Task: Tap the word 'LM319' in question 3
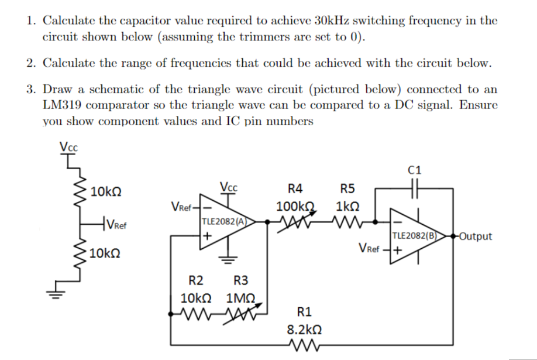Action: point(63,106)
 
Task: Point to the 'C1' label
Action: point(414,172)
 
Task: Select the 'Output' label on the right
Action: point(476,236)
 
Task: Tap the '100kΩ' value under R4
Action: point(296,207)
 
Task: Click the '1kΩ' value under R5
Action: point(348,207)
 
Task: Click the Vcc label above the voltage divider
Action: point(68,146)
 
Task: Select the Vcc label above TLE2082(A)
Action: point(228,188)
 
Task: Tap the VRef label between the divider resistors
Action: point(119,224)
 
